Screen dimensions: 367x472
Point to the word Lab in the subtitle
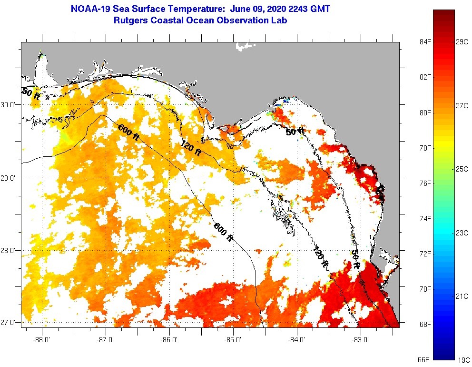pyautogui.click(x=278, y=20)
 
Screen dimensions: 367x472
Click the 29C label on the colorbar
pyautogui.click(x=462, y=42)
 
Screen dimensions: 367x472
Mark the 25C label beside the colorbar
pyautogui.click(x=462, y=169)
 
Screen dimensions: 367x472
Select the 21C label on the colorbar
pyautogui.click(x=462, y=296)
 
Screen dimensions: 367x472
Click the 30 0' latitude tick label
pyautogui.click(x=9, y=104)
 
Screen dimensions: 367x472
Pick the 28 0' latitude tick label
pyautogui.click(x=9, y=250)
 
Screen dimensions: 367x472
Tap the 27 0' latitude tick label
pyautogui.click(x=9, y=323)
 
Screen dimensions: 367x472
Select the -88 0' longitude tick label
pyautogui.click(x=42, y=340)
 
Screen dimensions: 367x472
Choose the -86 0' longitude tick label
pyautogui.click(x=169, y=340)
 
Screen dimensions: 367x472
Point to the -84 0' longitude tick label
pyautogui.click(x=297, y=340)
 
